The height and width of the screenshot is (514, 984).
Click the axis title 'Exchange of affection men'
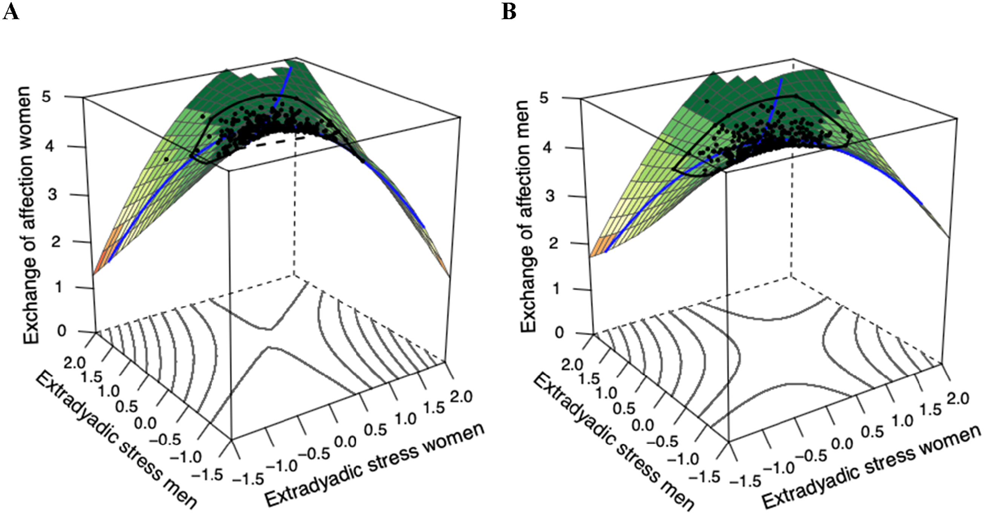[x=529, y=216]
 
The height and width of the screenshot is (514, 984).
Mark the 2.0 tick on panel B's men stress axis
[x=572, y=365]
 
